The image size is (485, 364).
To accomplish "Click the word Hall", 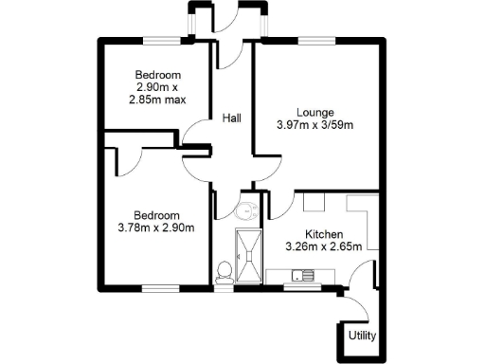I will coord(231,118).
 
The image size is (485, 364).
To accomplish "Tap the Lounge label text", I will coord(314,111).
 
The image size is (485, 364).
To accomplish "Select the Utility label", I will coord(361,336).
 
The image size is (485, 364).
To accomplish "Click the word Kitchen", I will coord(323,234).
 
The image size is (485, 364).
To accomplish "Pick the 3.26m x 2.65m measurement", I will coord(323,247).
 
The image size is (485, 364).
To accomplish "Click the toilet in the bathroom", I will coord(224,272).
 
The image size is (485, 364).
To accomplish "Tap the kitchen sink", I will coord(302,276).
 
